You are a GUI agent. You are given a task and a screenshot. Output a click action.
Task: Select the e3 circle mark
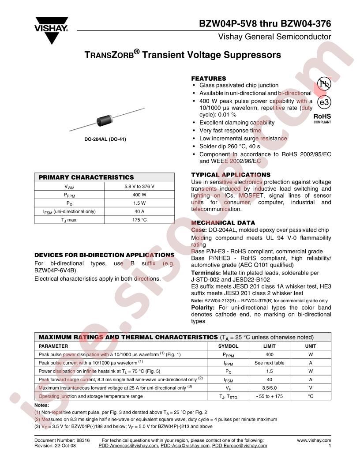pyautogui.click(x=324, y=102)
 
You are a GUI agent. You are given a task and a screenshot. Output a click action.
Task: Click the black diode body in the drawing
pyautogui.click(x=104, y=120)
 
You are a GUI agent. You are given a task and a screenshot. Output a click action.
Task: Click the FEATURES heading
pyautogui.click(x=208, y=79)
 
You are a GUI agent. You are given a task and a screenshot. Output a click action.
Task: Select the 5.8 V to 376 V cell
pyautogui.click(x=139, y=186)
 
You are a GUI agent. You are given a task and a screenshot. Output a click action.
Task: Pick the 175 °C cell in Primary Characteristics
pyautogui.click(x=139, y=220)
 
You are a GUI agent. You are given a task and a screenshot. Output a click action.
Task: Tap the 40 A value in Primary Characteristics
pyautogui.click(x=139, y=211)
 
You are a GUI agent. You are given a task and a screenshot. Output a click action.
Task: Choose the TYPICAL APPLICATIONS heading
pyautogui.click(x=231, y=175)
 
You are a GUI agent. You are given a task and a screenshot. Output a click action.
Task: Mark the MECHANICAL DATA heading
pyautogui.click(x=223, y=223)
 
